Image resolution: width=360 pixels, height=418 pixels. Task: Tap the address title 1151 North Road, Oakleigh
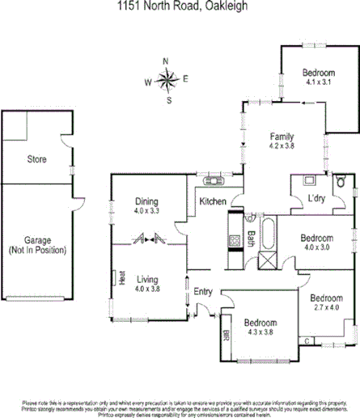(x=180, y=7)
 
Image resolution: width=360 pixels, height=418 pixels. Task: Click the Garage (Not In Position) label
(x=38, y=245)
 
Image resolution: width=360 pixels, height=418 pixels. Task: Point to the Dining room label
(x=146, y=202)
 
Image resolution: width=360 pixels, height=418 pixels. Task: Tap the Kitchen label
(x=213, y=201)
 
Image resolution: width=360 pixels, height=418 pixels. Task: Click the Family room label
(x=282, y=137)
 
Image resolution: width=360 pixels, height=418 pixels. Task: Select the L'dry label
(x=316, y=199)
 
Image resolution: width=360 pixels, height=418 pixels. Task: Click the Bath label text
(x=252, y=239)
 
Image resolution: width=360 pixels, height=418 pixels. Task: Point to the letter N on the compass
(x=166, y=61)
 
